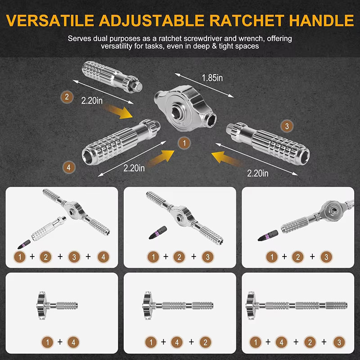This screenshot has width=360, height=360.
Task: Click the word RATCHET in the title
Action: coord(247,21)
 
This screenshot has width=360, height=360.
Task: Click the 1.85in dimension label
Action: coord(212,78)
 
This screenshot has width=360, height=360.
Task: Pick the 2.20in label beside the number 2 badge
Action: coord(92,100)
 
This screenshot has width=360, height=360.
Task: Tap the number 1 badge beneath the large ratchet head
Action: coord(184,143)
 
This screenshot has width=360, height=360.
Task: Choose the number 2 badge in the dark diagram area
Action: coord(67,97)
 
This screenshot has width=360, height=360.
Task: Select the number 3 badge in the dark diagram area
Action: coord(287,126)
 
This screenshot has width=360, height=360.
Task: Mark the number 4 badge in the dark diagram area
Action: coord(69,167)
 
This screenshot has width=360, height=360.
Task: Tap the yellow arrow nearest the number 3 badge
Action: coord(226,158)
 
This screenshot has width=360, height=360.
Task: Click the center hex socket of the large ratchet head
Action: coord(176,112)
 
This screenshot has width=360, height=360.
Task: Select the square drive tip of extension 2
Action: coord(138,86)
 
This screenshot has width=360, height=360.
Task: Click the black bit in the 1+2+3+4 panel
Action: coord(24,244)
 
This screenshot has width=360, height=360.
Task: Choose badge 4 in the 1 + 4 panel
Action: coord(73,342)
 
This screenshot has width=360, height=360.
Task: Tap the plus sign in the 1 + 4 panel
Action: coord(60,342)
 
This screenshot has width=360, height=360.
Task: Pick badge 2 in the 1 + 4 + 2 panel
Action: coord(205,342)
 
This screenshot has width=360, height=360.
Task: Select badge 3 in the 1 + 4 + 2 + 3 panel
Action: coord(339,342)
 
